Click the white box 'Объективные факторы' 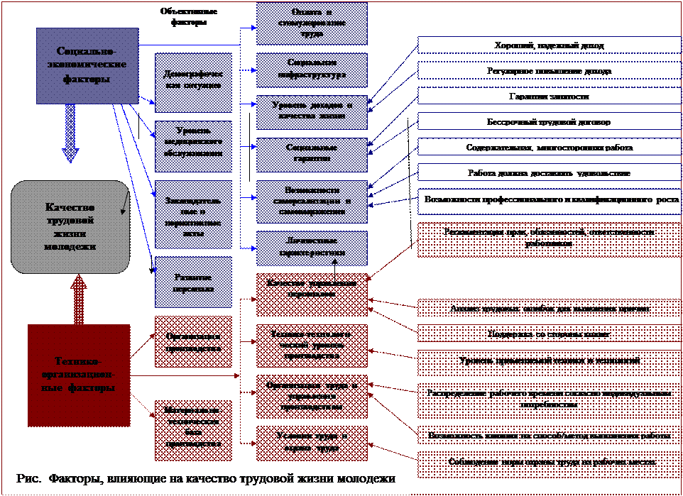coord(189,17)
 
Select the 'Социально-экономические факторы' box coord(87,65)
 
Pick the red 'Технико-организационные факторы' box coord(79,375)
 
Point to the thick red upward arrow coord(79,298)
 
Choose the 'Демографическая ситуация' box coord(194,82)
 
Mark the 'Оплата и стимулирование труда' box coord(312,24)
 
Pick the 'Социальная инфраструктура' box coord(312,70)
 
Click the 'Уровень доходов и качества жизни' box coord(312,110)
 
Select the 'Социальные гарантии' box coord(312,153)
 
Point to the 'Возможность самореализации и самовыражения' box coord(312,200)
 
